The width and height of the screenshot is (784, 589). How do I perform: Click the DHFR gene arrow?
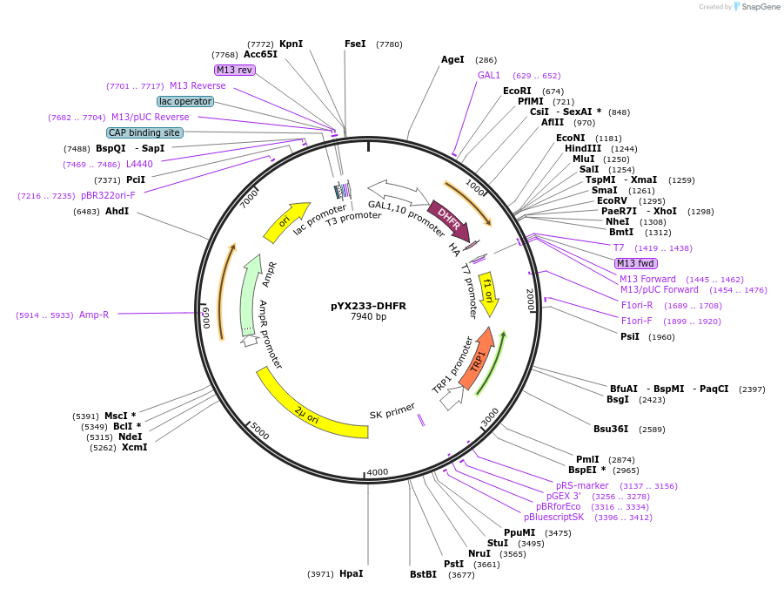click(x=449, y=220)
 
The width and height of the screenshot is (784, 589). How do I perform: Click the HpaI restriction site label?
click(x=351, y=573)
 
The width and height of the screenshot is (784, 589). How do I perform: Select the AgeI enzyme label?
click(x=452, y=60)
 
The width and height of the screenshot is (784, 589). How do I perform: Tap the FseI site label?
click(x=355, y=44)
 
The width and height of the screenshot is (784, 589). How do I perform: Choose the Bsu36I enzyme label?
click(x=611, y=429)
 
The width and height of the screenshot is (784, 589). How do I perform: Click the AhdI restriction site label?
click(x=117, y=211)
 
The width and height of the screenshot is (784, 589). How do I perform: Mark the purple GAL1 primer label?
click(x=489, y=75)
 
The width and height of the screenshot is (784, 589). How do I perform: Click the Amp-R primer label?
click(x=94, y=315)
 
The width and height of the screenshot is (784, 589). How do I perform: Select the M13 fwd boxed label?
click(x=635, y=263)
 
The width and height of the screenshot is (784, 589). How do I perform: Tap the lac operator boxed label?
click(x=185, y=101)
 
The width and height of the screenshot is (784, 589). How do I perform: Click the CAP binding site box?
click(x=144, y=132)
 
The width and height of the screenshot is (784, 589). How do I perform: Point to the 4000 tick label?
click(x=377, y=472)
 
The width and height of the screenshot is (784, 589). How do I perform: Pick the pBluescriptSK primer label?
click(x=553, y=517)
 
